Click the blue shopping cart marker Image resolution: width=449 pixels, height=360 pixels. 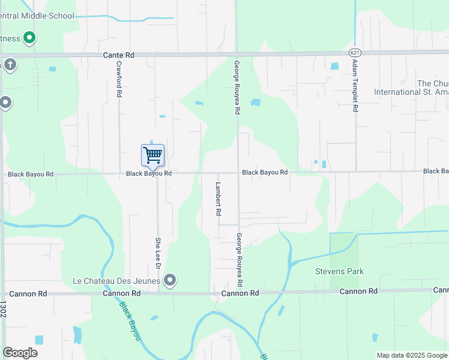tap(152, 155)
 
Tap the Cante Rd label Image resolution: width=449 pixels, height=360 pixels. tap(118, 55)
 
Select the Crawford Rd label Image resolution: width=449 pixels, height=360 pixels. tap(119, 79)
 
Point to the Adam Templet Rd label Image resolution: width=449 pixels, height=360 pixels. tap(355, 85)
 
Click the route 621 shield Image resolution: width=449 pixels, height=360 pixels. tap(356, 52)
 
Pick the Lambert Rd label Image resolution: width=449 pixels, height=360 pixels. tap(218, 199)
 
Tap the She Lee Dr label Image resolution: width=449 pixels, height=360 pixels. tap(159, 253)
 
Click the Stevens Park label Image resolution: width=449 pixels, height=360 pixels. tap(340, 271)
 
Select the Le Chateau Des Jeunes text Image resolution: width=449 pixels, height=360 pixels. tap(116, 281)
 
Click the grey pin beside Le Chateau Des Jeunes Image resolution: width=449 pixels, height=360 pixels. tap(170, 280)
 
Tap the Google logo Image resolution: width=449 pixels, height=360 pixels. tap(20, 353)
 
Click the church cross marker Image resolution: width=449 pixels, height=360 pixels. tap(10, 64)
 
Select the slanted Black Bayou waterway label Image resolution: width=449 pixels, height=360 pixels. tap(130, 320)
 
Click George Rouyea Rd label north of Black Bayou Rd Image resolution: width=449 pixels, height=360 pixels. tap(237, 87)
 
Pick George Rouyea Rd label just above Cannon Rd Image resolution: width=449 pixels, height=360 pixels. tap(239, 259)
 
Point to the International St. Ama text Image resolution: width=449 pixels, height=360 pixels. tap(411, 92)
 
